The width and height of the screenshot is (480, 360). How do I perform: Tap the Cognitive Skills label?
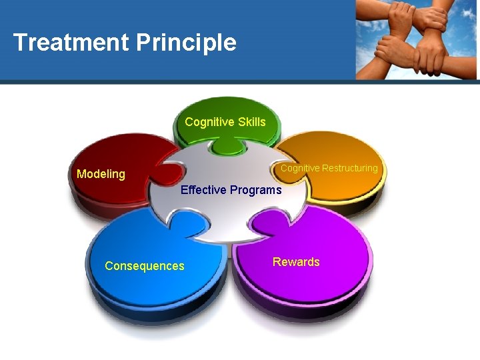point(225,122)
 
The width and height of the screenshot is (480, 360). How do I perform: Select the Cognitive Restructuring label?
point(329,168)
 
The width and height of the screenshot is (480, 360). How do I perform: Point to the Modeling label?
point(101,174)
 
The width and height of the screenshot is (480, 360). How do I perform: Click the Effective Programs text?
point(231,190)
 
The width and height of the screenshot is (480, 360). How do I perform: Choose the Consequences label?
point(144,266)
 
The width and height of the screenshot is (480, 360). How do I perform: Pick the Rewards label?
point(295,262)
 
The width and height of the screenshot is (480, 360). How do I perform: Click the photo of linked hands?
point(416,40)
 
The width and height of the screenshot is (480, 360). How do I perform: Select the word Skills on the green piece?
point(250,122)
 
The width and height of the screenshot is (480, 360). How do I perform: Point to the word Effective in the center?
point(203,190)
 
